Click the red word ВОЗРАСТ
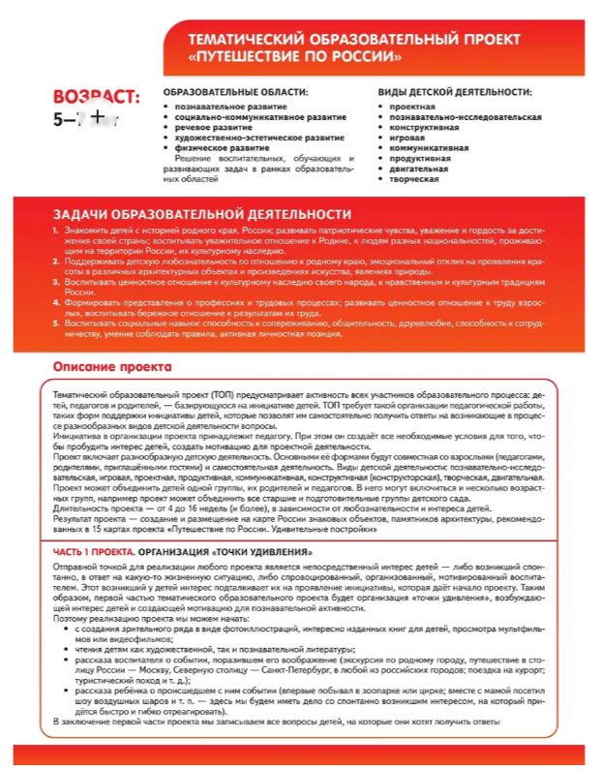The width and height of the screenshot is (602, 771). pyautogui.click(x=97, y=99)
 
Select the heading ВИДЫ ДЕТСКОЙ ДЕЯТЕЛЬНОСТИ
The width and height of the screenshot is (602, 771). pyautogui.click(x=455, y=92)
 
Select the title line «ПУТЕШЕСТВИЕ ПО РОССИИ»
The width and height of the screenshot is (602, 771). pyautogui.click(x=302, y=55)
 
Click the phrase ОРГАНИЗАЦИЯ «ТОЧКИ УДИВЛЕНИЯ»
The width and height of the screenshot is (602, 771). pyautogui.click(x=212, y=551)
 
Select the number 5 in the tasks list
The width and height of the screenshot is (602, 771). pyautogui.click(x=55, y=323)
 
